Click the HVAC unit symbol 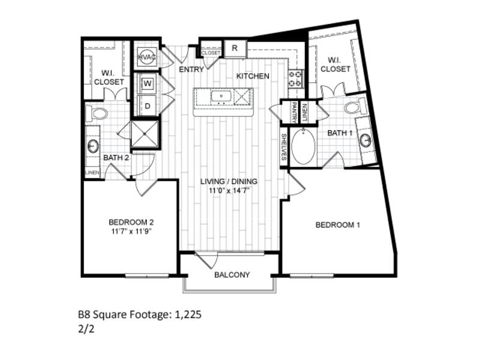click(x=147, y=56)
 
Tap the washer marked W click(x=148, y=83)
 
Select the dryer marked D click(x=148, y=106)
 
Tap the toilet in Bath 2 click(x=97, y=112)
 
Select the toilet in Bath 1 click(x=354, y=108)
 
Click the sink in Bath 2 click(x=94, y=146)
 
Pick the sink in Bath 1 click(x=366, y=140)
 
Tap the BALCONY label click(x=232, y=275)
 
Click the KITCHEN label click(x=252, y=76)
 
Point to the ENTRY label click(x=192, y=69)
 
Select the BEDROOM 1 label click(x=338, y=225)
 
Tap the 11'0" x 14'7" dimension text click(x=229, y=191)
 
